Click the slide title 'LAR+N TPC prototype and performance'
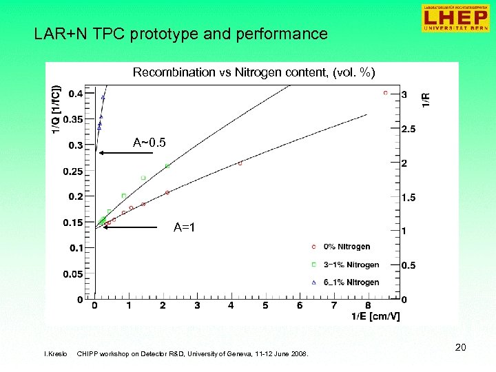(x=180, y=34)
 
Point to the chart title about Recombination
(x=254, y=72)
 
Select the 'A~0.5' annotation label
(x=149, y=143)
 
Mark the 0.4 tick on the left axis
(x=75, y=94)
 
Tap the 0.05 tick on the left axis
(x=72, y=274)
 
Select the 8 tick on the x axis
(x=368, y=305)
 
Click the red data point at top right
(x=385, y=93)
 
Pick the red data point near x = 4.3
(x=240, y=163)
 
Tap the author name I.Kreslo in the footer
(x=55, y=354)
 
